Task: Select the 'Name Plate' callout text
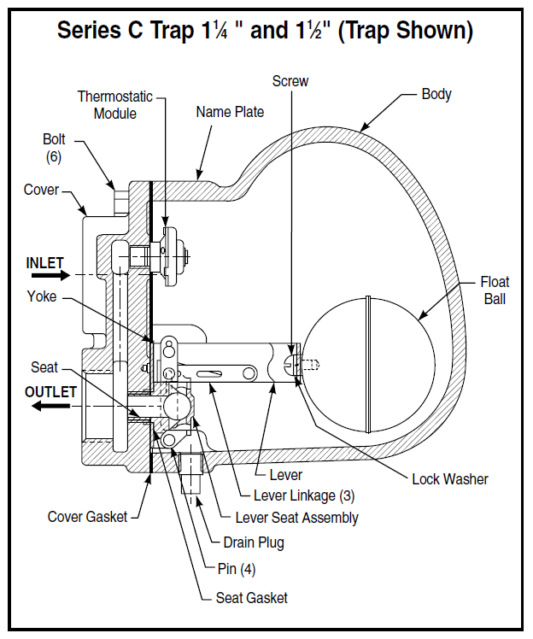tap(230, 112)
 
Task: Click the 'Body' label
tap(436, 94)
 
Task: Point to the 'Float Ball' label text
tap(495, 290)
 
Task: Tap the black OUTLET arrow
tap(51, 407)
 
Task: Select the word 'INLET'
tap(45, 261)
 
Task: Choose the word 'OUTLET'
tap(50, 392)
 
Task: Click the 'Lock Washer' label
tap(450, 478)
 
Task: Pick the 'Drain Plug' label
tap(254, 542)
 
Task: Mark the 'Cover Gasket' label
tap(87, 516)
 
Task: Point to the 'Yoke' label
tap(42, 296)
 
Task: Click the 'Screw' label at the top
tap(290, 81)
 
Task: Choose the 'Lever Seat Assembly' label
tap(296, 518)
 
